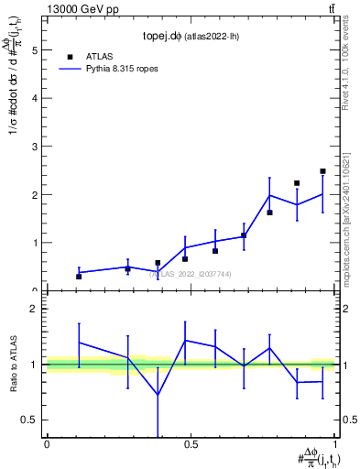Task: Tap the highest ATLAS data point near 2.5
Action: (322, 171)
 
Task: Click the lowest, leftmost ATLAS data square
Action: (79, 276)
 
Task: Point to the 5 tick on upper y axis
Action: (37, 51)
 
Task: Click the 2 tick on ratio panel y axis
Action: (37, 309)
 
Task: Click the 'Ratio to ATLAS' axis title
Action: (14, 365)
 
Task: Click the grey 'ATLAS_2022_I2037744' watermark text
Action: (191, 274)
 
